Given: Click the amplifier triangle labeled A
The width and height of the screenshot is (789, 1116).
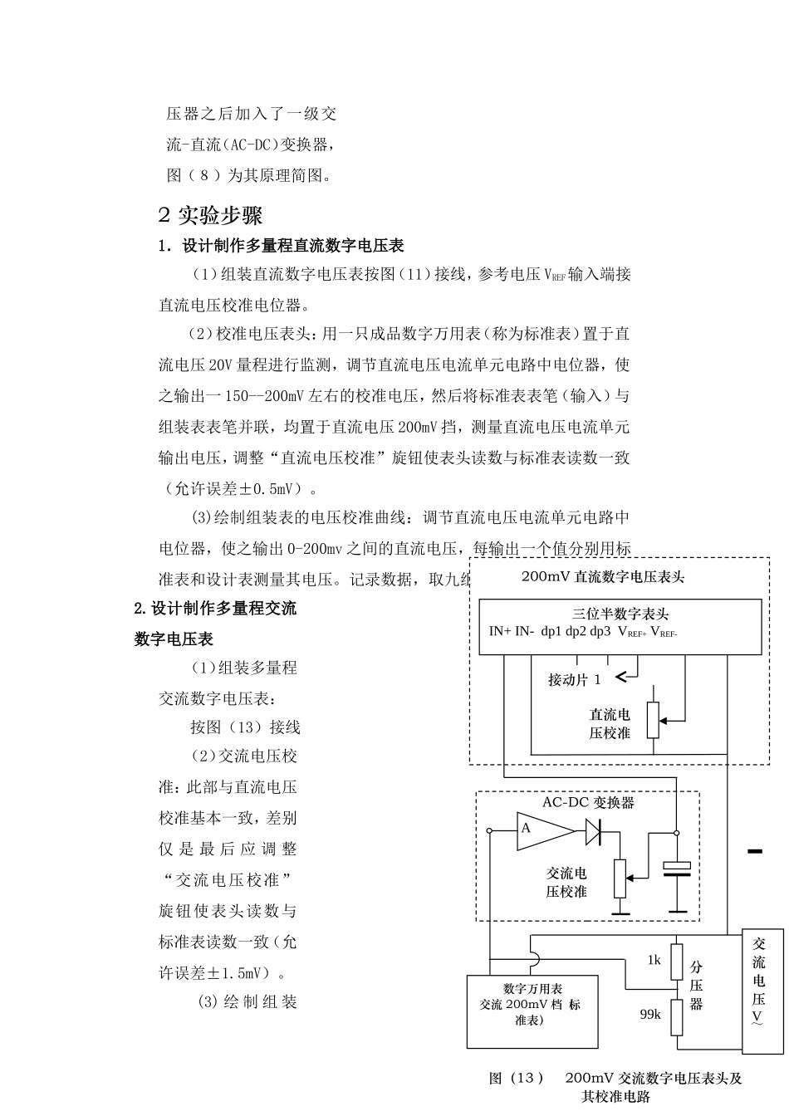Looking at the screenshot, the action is point(542,830).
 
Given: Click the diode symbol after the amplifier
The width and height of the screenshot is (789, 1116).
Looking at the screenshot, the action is point(594,830).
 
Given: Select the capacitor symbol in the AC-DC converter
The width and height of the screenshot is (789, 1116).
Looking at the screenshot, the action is point(677,869).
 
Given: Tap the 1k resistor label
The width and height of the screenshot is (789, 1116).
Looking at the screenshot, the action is point(654,960).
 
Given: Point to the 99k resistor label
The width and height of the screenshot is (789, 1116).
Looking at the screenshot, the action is point(649,1014).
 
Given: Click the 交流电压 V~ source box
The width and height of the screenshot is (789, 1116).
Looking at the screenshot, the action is point(760,981).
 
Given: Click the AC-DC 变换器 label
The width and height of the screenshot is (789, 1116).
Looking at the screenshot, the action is point(588,802).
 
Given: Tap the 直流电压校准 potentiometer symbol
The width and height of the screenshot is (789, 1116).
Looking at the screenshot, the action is point(654,720).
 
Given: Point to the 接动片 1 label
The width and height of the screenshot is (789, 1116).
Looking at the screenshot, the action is point(574,679).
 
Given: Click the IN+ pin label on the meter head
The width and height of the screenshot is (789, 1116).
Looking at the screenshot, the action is point(500,631).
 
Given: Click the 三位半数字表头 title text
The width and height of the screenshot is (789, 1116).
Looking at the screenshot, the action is point(620,614).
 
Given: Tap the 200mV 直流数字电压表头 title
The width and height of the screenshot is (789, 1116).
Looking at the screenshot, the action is point(603,575).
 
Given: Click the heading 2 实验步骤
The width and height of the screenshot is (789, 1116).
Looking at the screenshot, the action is point(210,216).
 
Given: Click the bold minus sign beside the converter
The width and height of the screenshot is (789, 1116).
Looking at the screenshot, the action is point(754,851).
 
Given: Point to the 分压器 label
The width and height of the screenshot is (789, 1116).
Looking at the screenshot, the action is point(696,985).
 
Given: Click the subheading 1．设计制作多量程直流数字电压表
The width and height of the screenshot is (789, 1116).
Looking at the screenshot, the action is point(282,246).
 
